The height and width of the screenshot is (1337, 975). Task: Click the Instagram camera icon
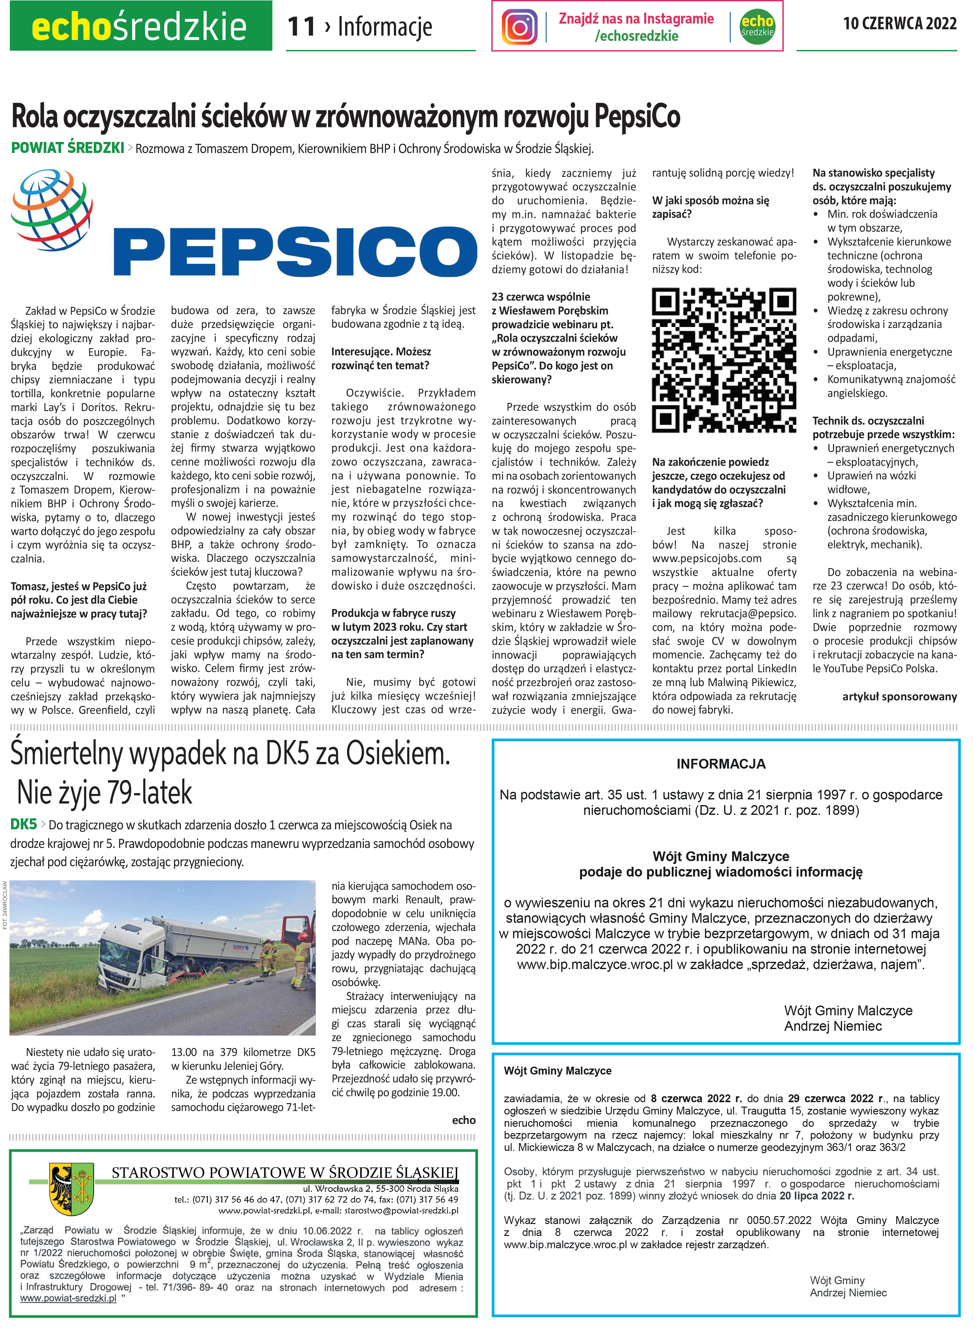tap(519, 26)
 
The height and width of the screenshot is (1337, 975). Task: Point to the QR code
tap(724, 360)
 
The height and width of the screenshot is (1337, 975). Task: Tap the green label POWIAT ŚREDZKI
tap(67, 148)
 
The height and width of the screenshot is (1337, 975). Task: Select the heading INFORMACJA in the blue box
tap(720, 764)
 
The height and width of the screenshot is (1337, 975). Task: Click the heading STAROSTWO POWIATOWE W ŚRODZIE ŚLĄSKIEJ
tap(284, 1172)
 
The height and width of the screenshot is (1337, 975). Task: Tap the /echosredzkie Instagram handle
tap(636, 36)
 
